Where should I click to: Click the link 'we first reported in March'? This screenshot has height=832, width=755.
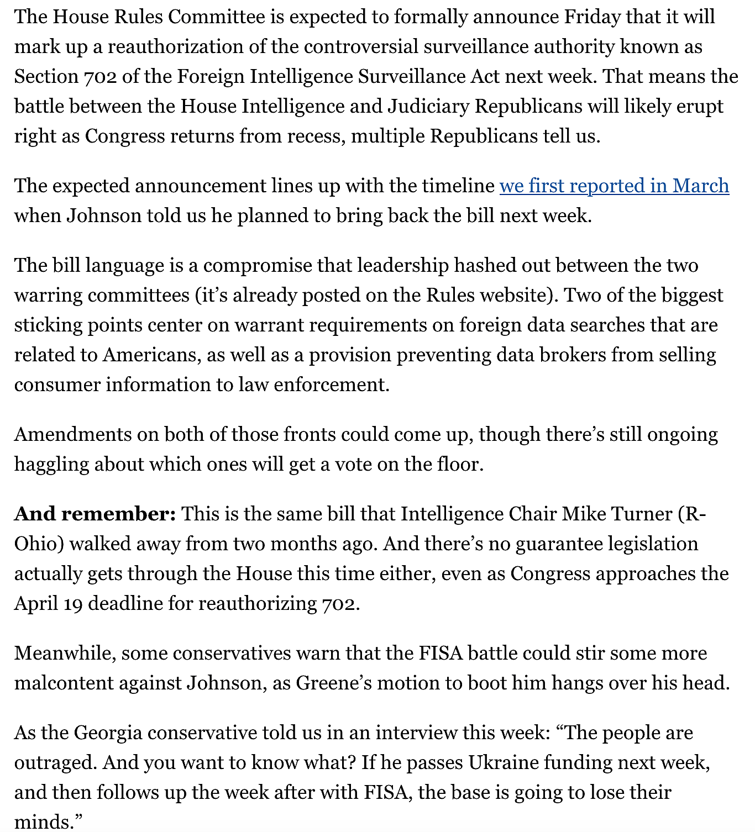(x=614, y=186)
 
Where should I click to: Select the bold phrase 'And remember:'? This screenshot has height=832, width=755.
(x=95, y=514)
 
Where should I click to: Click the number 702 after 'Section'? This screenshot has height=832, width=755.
(x=101, y=77)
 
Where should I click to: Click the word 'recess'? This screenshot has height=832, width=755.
(x=316, y=136)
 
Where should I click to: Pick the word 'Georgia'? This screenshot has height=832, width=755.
(x=108, y=733)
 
